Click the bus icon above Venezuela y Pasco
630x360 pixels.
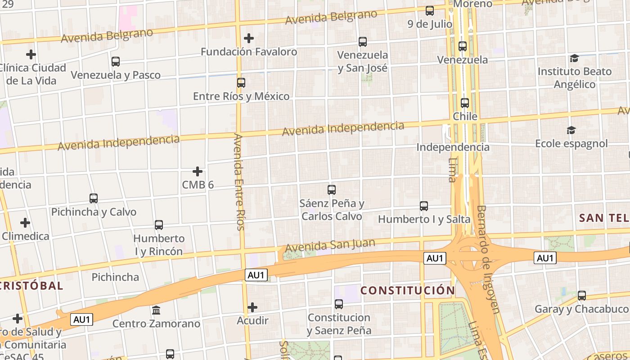pos(116,62)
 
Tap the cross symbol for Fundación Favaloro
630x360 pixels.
pos(248,38)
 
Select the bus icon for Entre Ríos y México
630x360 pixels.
pos(241,83)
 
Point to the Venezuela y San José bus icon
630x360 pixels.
pos(363,42)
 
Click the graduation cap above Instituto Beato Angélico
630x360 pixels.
pos(574,58)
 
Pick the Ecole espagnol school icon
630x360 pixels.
pos(571,130)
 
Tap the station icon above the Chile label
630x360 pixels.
pos(465,103)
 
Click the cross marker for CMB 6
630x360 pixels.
pos(198,171)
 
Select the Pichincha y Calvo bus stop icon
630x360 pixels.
pos(94,198)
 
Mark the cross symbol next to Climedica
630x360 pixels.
pos(25,223)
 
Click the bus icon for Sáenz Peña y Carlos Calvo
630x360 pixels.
pos(332,190)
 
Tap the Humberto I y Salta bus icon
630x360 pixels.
pos(424,206)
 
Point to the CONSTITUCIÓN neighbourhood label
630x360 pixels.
pos(408,290)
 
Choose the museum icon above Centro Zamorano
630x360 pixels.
pos(156,310)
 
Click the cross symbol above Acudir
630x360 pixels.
pos(252,307)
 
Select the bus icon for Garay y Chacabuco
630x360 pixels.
pos(582,296)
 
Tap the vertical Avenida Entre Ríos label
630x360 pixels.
pos(239,182)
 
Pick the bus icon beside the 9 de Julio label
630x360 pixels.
pos(430,11)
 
